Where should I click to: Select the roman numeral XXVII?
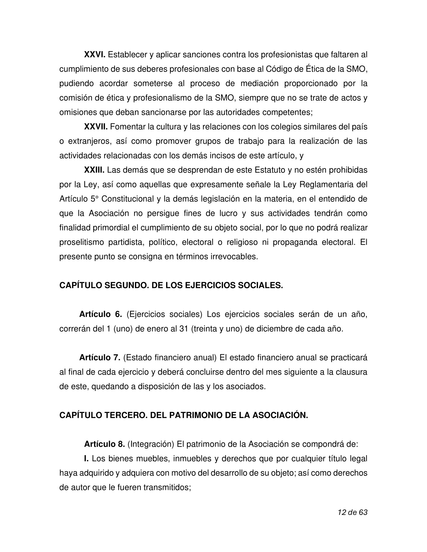[96, 127]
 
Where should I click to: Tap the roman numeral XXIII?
[94, 170]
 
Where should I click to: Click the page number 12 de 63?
[352, 512]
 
